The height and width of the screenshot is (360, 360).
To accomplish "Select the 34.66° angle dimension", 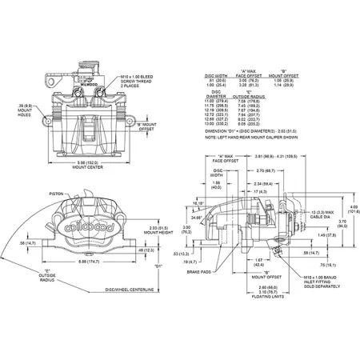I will pyautogui.click(x=198, y=217).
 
